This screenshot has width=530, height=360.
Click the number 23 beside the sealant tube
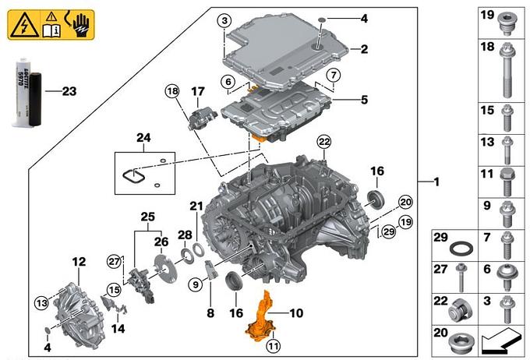(69, 91)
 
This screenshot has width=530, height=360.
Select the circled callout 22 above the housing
(323, 140)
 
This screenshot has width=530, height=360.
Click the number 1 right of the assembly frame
(436, 182)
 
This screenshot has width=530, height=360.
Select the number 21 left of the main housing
(196, 205)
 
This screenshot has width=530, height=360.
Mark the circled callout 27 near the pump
(115, 260)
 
